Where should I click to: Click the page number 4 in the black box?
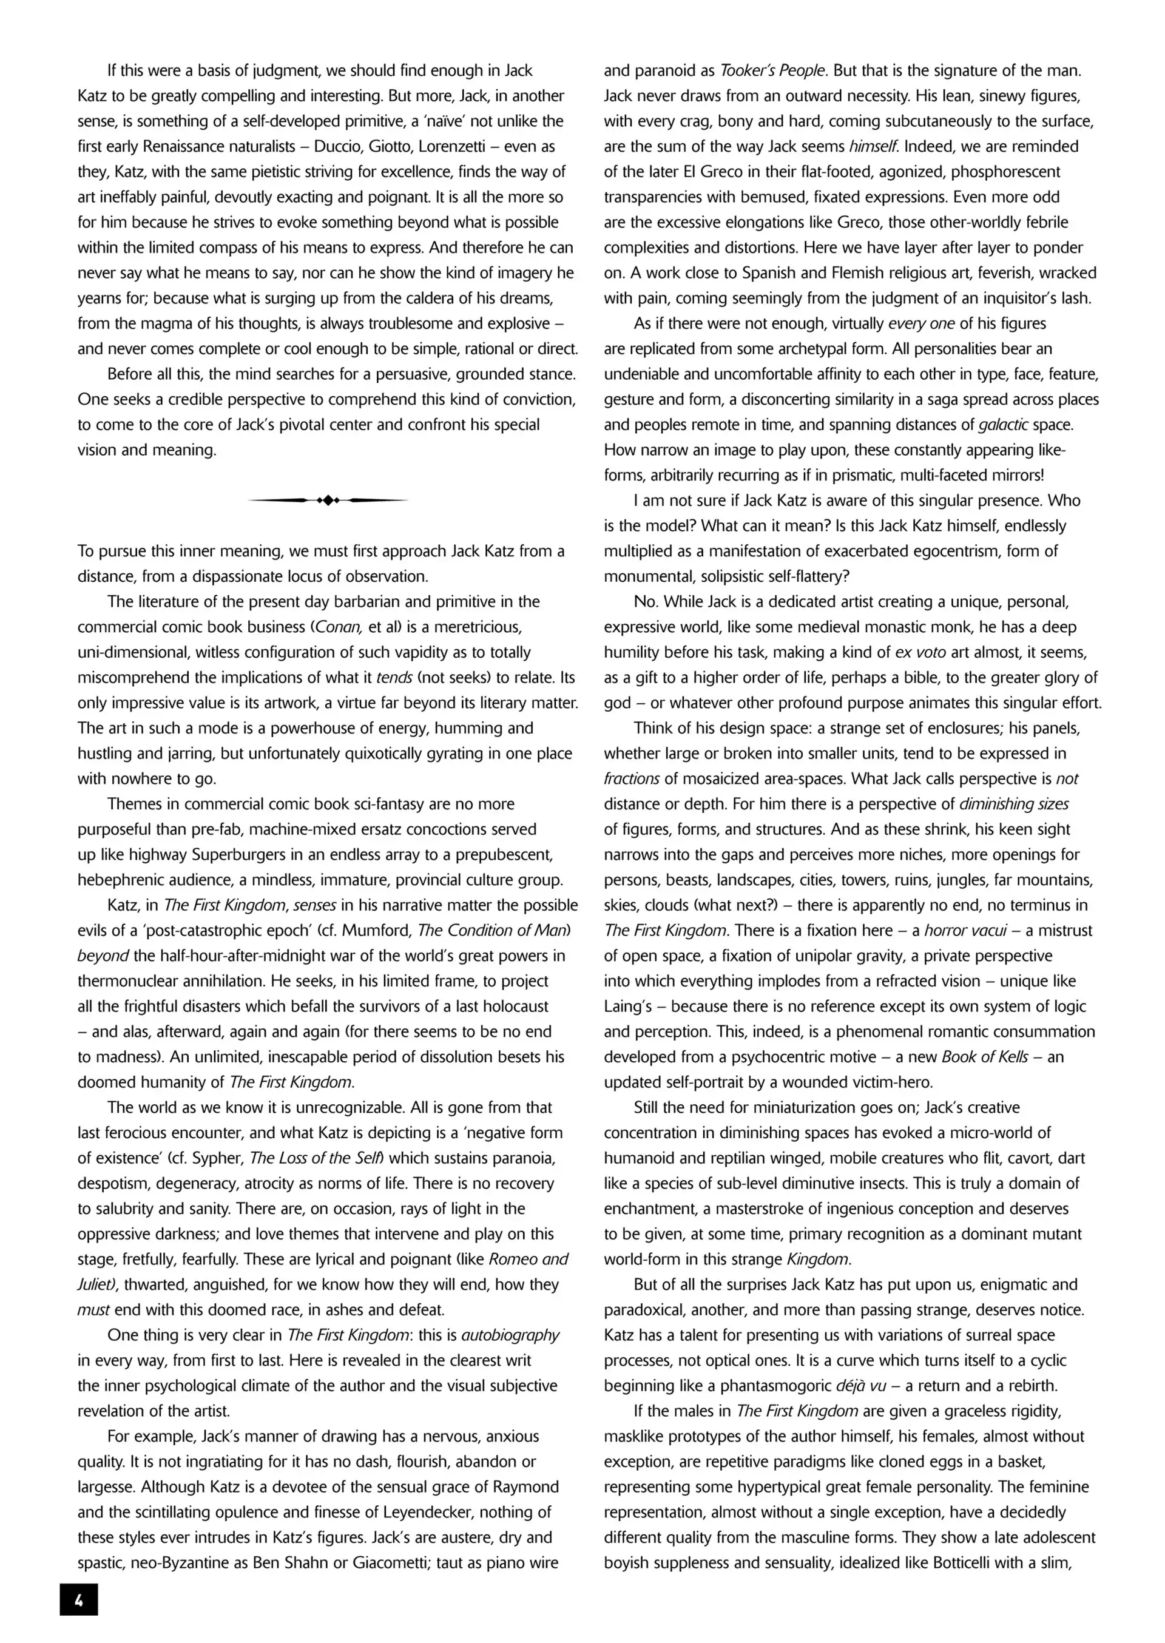[x=79, y=1600]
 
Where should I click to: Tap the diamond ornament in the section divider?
[x=328, y=500]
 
